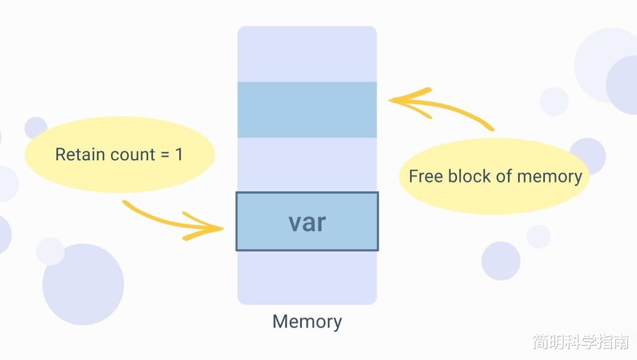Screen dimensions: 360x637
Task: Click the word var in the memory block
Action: [307, 222]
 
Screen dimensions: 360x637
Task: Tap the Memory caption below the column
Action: [307, 321]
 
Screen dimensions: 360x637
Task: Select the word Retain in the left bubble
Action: [78, 154]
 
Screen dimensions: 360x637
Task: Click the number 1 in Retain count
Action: [179, 154]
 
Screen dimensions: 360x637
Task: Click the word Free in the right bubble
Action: [425, 176]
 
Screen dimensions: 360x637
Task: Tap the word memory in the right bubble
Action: [549, 177]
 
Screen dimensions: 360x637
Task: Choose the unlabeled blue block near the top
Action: [307, 109]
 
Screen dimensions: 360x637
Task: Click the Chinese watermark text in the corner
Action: [581, 342]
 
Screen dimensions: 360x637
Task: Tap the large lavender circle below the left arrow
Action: [83, 285]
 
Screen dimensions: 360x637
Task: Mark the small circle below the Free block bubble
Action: [501, 261]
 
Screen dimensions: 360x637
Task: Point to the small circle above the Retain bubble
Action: [36, 127]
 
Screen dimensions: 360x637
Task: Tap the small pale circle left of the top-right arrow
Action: [554, 102]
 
